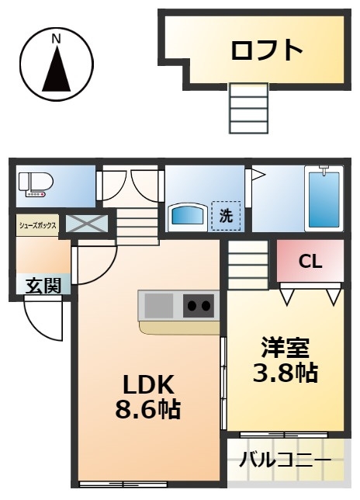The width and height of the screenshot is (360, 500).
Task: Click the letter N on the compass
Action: pos(57,39)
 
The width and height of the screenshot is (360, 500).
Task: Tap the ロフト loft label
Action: pos(266,50)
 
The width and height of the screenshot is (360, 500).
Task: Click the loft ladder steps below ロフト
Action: pos(249,108)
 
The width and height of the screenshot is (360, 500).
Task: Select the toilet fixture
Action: pos(36,184)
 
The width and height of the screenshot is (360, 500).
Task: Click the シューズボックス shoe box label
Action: pos(37,225)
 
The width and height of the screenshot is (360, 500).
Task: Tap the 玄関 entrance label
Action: pos(43,285)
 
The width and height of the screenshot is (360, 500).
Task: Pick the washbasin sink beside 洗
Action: pos(189,215)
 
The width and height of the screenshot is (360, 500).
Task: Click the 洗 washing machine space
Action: pos(227,216)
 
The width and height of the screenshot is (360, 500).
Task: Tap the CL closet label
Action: pos(310,262)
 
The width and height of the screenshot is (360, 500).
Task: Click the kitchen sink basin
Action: pos(158,306)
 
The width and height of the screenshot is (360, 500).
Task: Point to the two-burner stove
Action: pos(199,305)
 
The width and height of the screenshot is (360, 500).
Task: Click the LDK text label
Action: pos(148,384)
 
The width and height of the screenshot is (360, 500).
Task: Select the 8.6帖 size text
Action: pos(148,409)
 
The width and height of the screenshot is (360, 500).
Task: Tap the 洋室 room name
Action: pos(286,348)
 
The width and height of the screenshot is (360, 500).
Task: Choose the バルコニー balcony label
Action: pos(286,460)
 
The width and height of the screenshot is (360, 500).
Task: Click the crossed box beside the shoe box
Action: pos(87,224)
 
